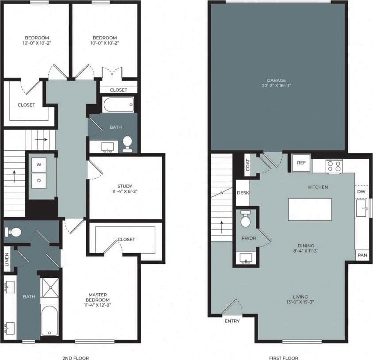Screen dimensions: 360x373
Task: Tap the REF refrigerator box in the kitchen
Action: [301, 163]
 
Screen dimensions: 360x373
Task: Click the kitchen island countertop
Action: [310, 209]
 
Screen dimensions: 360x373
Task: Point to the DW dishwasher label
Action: [361, 191]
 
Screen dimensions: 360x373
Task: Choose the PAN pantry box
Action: [362, 256]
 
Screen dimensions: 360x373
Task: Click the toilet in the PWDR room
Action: [246, 219]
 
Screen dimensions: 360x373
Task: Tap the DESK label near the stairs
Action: [242, 193]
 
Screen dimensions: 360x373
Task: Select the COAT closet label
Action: [247, 165]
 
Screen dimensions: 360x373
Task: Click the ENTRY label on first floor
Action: [232, 321]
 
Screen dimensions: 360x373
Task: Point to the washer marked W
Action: [38, 165]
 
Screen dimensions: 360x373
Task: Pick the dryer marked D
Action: [38, 180]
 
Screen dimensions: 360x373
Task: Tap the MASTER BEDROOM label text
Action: [97, 298]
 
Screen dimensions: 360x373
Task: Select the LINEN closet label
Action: [6, 257]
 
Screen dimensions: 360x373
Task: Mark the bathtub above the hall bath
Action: [118, 105]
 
